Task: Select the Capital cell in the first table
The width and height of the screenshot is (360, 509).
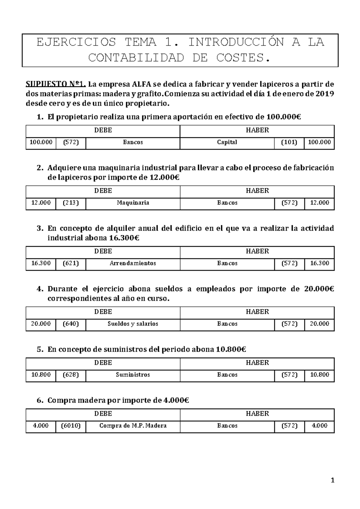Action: click(x=227, y=142)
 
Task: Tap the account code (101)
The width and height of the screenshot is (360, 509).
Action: click(x=289, y=142)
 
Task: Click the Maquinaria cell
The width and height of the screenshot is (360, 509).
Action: click(x=133, y=203)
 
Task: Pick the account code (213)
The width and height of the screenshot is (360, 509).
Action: click(x=70, y=203)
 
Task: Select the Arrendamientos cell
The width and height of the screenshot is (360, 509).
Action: click(x=133, y=263)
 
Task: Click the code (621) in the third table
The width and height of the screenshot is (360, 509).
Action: click(x=70, y=263)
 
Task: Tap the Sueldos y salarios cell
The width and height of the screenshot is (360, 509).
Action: click(x=133, y=324)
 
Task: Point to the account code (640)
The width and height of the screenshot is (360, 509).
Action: click(x=70, y=324)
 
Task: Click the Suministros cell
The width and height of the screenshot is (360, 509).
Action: click(x=133, y=375)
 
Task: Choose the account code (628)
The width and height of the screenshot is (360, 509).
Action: click(x=70, y=375)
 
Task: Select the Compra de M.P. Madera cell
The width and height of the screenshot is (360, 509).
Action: click(x=133, y=426)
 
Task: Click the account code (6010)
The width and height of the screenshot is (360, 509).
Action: click(x=70, y=426)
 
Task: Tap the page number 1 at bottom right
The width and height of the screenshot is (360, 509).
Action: click(x=332, y=481)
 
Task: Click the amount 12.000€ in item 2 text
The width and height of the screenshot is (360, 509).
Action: click(x=164, y=178)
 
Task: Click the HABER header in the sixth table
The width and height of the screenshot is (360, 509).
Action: click(x=257, y=414)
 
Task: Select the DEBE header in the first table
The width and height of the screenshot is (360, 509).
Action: click(x=103, y=130)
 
